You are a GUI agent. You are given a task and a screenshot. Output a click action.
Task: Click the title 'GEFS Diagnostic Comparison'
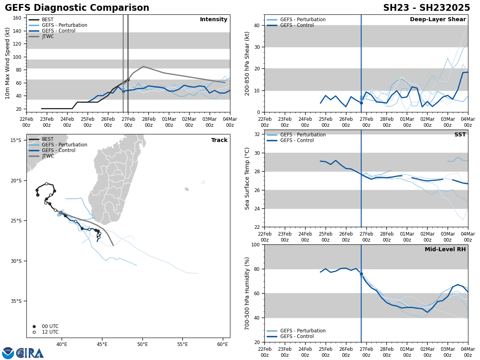[x=77, y=8]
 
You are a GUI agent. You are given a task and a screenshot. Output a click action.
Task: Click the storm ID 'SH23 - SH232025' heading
[x=426, y=8]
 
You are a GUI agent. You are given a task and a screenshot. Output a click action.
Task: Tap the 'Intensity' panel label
[x=214, y=20]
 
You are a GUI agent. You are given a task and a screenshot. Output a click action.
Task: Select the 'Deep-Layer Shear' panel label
[x=438, y=20]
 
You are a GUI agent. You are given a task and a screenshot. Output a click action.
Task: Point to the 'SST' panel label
[x=460, y=135]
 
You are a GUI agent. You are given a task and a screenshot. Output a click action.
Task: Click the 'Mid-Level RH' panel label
[x=445, y=250]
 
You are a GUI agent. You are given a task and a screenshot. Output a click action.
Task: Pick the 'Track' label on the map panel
[x=219, y=140]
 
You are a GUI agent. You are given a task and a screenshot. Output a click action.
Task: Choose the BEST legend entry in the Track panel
[x=48, y=139]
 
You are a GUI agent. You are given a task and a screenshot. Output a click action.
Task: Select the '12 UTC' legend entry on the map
[x=50, y=332]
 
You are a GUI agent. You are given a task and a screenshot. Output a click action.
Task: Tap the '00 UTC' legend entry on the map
[x=50, y=326]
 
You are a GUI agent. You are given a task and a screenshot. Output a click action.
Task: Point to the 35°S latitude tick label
[x=16, y=301]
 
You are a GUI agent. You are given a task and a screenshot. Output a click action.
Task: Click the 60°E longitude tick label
[x=223, y=344]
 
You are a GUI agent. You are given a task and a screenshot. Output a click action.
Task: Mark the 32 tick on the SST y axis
[x=257, y=134]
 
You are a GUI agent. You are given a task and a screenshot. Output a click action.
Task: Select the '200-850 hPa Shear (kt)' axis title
[x=247, y=63]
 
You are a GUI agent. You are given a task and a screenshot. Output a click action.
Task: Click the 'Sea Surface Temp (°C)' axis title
[x=247, y=178]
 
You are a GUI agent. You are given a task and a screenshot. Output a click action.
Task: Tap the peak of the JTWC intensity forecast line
[x=143, y=66]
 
